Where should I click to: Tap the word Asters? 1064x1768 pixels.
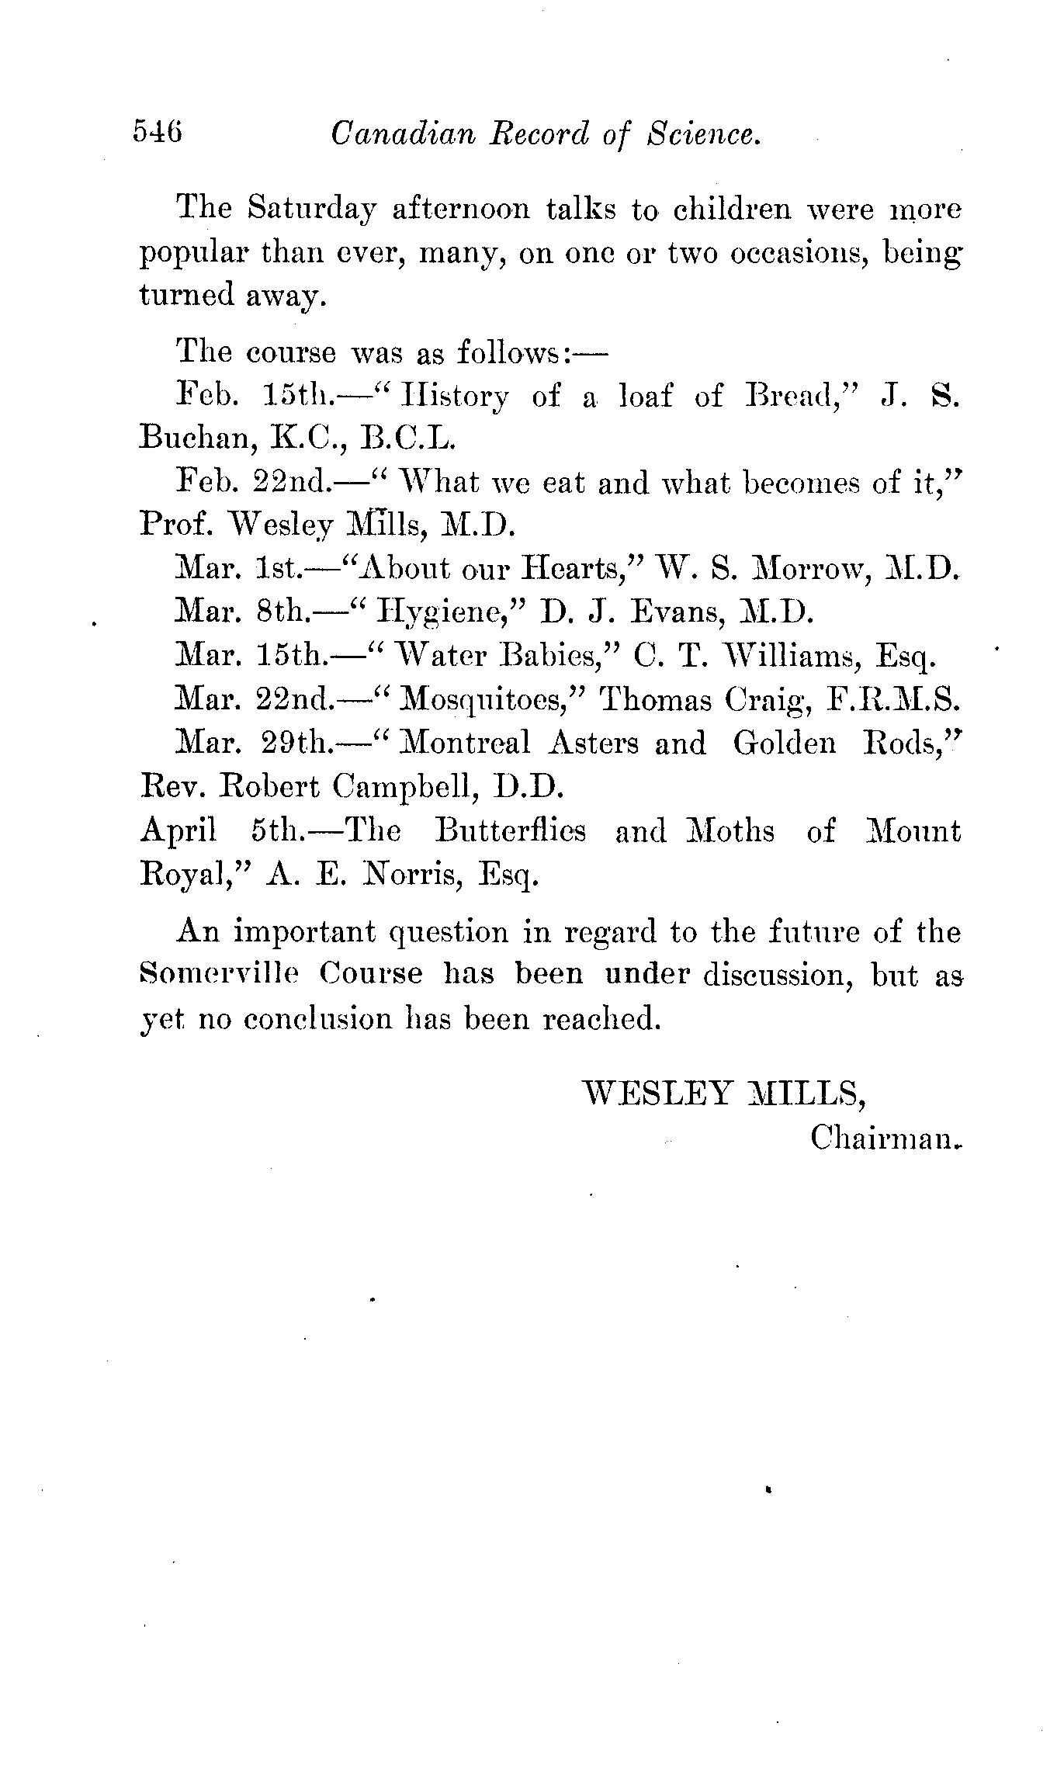[593, 744]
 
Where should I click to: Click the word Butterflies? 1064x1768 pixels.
[510, 831]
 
